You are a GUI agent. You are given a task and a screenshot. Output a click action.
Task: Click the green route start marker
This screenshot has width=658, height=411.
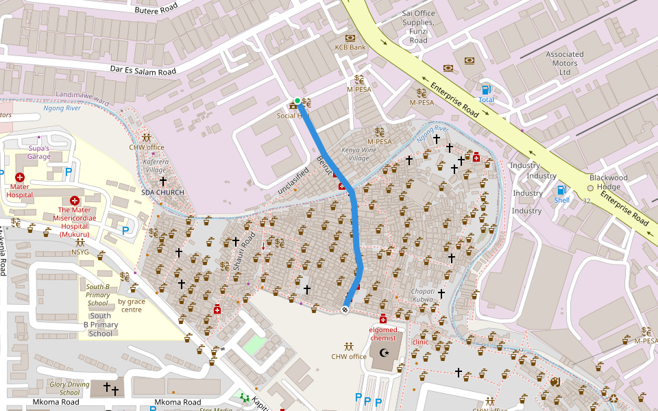point(297,101)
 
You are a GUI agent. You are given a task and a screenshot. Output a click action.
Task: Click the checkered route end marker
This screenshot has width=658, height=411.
point(345,310)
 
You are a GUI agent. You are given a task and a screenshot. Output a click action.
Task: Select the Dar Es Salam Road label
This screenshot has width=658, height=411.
point(143,69)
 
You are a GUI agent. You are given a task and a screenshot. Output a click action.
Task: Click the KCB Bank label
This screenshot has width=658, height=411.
point(350,47)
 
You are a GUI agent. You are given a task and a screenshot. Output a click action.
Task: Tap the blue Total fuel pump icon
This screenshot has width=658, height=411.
point(486,90)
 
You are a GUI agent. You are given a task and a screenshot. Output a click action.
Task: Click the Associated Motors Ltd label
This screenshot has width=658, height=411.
point(565,63)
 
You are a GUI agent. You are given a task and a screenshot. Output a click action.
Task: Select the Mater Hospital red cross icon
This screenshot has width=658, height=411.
point(20,177)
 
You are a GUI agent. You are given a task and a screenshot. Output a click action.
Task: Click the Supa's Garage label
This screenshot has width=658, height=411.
point(39,152)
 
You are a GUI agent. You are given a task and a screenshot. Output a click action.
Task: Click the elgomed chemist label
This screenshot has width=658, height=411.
point(383,334)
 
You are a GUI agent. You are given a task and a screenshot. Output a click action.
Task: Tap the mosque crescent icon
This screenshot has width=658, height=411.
point(383,353)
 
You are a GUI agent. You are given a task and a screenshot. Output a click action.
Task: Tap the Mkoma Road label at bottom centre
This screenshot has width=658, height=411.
point(178,402)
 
